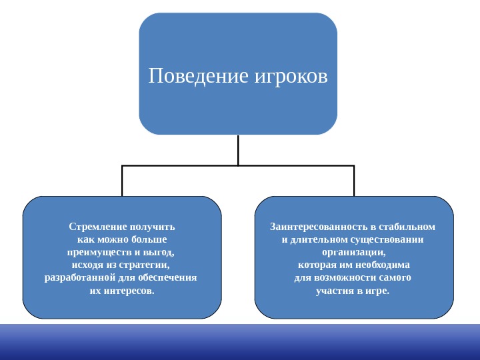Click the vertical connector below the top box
click(238, 150)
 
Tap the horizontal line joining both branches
click(238, 165)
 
